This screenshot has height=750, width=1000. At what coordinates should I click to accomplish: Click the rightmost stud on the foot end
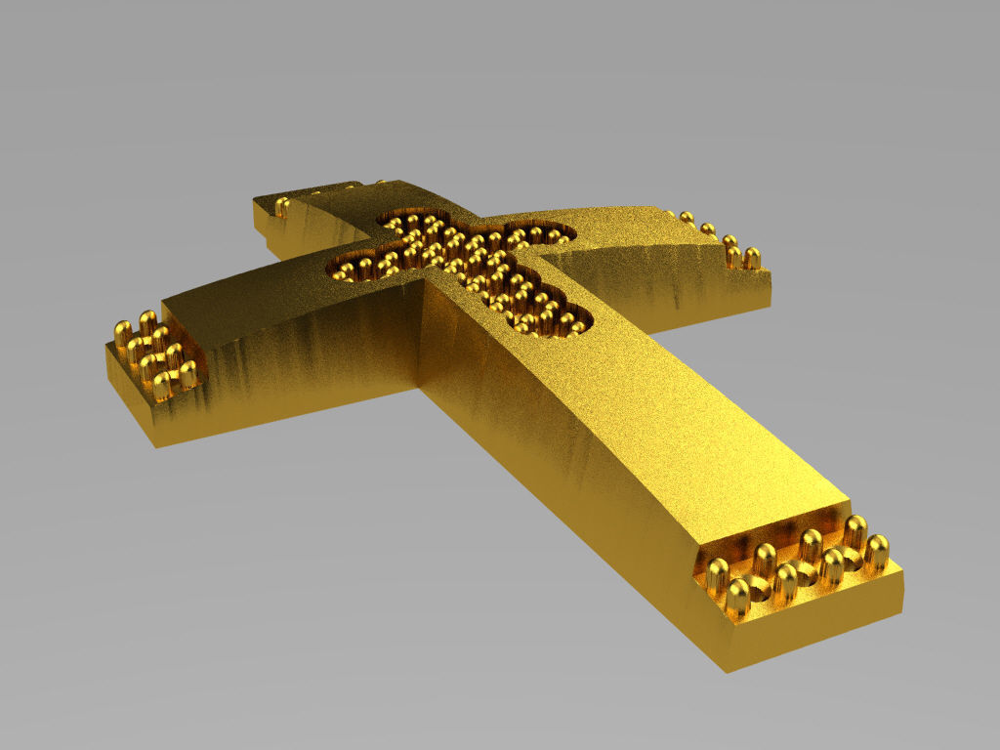877,552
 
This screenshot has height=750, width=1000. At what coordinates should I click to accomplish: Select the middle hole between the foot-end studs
807,573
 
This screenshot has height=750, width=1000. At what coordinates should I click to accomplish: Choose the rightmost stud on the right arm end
751,258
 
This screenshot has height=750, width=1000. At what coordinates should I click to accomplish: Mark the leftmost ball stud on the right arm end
687,218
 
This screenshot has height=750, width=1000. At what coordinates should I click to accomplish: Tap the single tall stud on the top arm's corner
282,206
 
